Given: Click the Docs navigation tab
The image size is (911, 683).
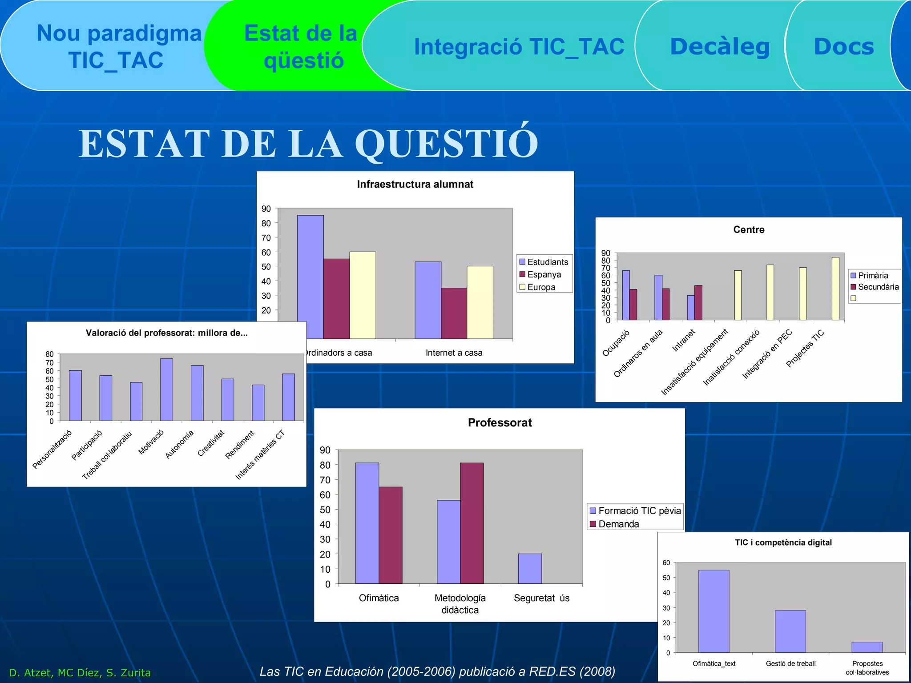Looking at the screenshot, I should click(843, 47).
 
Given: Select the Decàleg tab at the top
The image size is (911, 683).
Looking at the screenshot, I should click(719, 47).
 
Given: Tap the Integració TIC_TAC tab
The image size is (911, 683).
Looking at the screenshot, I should click(519, 47).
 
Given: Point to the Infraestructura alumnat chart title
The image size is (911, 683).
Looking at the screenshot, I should click(415, 185).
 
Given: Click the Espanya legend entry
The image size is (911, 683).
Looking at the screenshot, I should click(544, 274).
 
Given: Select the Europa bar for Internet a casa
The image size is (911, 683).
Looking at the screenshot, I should click(480, 302).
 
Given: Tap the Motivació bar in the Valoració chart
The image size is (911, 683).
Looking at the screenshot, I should click(166, 390).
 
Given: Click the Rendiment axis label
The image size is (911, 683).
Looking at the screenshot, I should click(240, 444).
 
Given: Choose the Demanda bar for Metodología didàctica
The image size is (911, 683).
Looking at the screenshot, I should click(472, 523).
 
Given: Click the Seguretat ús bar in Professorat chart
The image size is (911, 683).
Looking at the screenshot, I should click(530, 568).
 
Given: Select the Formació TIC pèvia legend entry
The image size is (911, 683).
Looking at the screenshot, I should click(639, 510).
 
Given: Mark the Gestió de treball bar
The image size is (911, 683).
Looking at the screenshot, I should click(790, 631).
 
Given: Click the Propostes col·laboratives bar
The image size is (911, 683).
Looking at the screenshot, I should click(867, 647).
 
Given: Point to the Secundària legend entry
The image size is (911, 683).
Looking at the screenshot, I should click(878, 287).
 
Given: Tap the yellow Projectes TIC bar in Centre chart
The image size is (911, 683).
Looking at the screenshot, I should click(835, 289).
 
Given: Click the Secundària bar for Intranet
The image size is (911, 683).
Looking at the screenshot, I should click(698, 302).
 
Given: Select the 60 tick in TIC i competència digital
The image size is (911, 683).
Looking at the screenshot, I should click(666, 563).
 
